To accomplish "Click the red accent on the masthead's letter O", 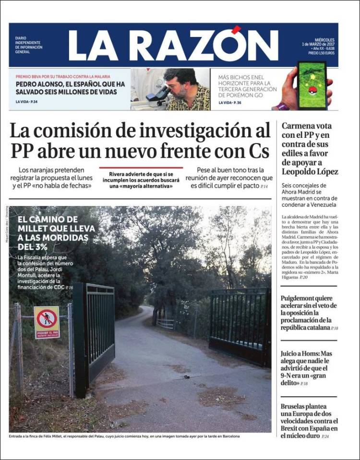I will click(x=236, y=30).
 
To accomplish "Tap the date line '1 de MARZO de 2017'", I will click(x=318, y=44).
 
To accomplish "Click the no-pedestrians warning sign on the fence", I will click(x=47, y=322).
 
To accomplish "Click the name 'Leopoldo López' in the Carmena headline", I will click(x=310, y=171).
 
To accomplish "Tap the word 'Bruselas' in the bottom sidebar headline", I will click(x=296, y=406).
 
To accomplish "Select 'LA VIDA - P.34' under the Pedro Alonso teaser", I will click(x=26, y=102).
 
